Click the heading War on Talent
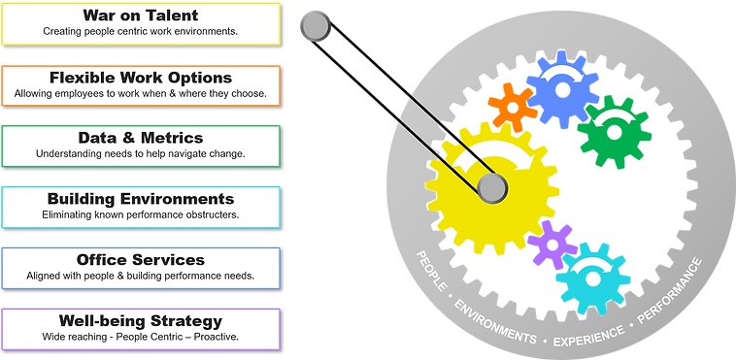coord(141,15)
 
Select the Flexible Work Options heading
coord(141,77)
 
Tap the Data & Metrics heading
coord(141,138)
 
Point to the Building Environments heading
coord(141,199)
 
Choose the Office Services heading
coord(141,260)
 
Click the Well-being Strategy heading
coord(141,320)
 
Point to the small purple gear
coord(551,245)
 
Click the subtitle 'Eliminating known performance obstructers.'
coord(141,214)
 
